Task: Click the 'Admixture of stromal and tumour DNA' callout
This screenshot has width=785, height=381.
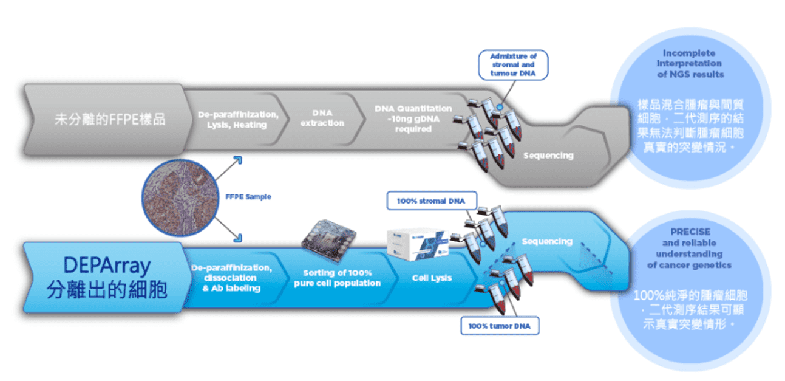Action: [x=513, y=65]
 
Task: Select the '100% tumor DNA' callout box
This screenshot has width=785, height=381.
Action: [x=499, y=326]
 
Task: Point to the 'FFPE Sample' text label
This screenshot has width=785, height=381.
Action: [x=248, y=197]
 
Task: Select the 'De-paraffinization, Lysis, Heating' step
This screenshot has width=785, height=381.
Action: [x=237, y=120]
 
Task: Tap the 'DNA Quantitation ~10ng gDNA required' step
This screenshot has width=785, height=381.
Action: [x=413, y=118]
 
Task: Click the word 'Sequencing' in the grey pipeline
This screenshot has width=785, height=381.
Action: [x=548, y=156]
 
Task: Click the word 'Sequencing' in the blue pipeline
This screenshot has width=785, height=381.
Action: [x=547, y=241]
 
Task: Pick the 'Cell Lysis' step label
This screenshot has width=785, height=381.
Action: [x=432, y=278]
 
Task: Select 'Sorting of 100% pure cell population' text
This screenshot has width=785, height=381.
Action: [x=337, y=278]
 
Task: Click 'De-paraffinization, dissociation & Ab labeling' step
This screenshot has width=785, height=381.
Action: [x=231, y=278]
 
